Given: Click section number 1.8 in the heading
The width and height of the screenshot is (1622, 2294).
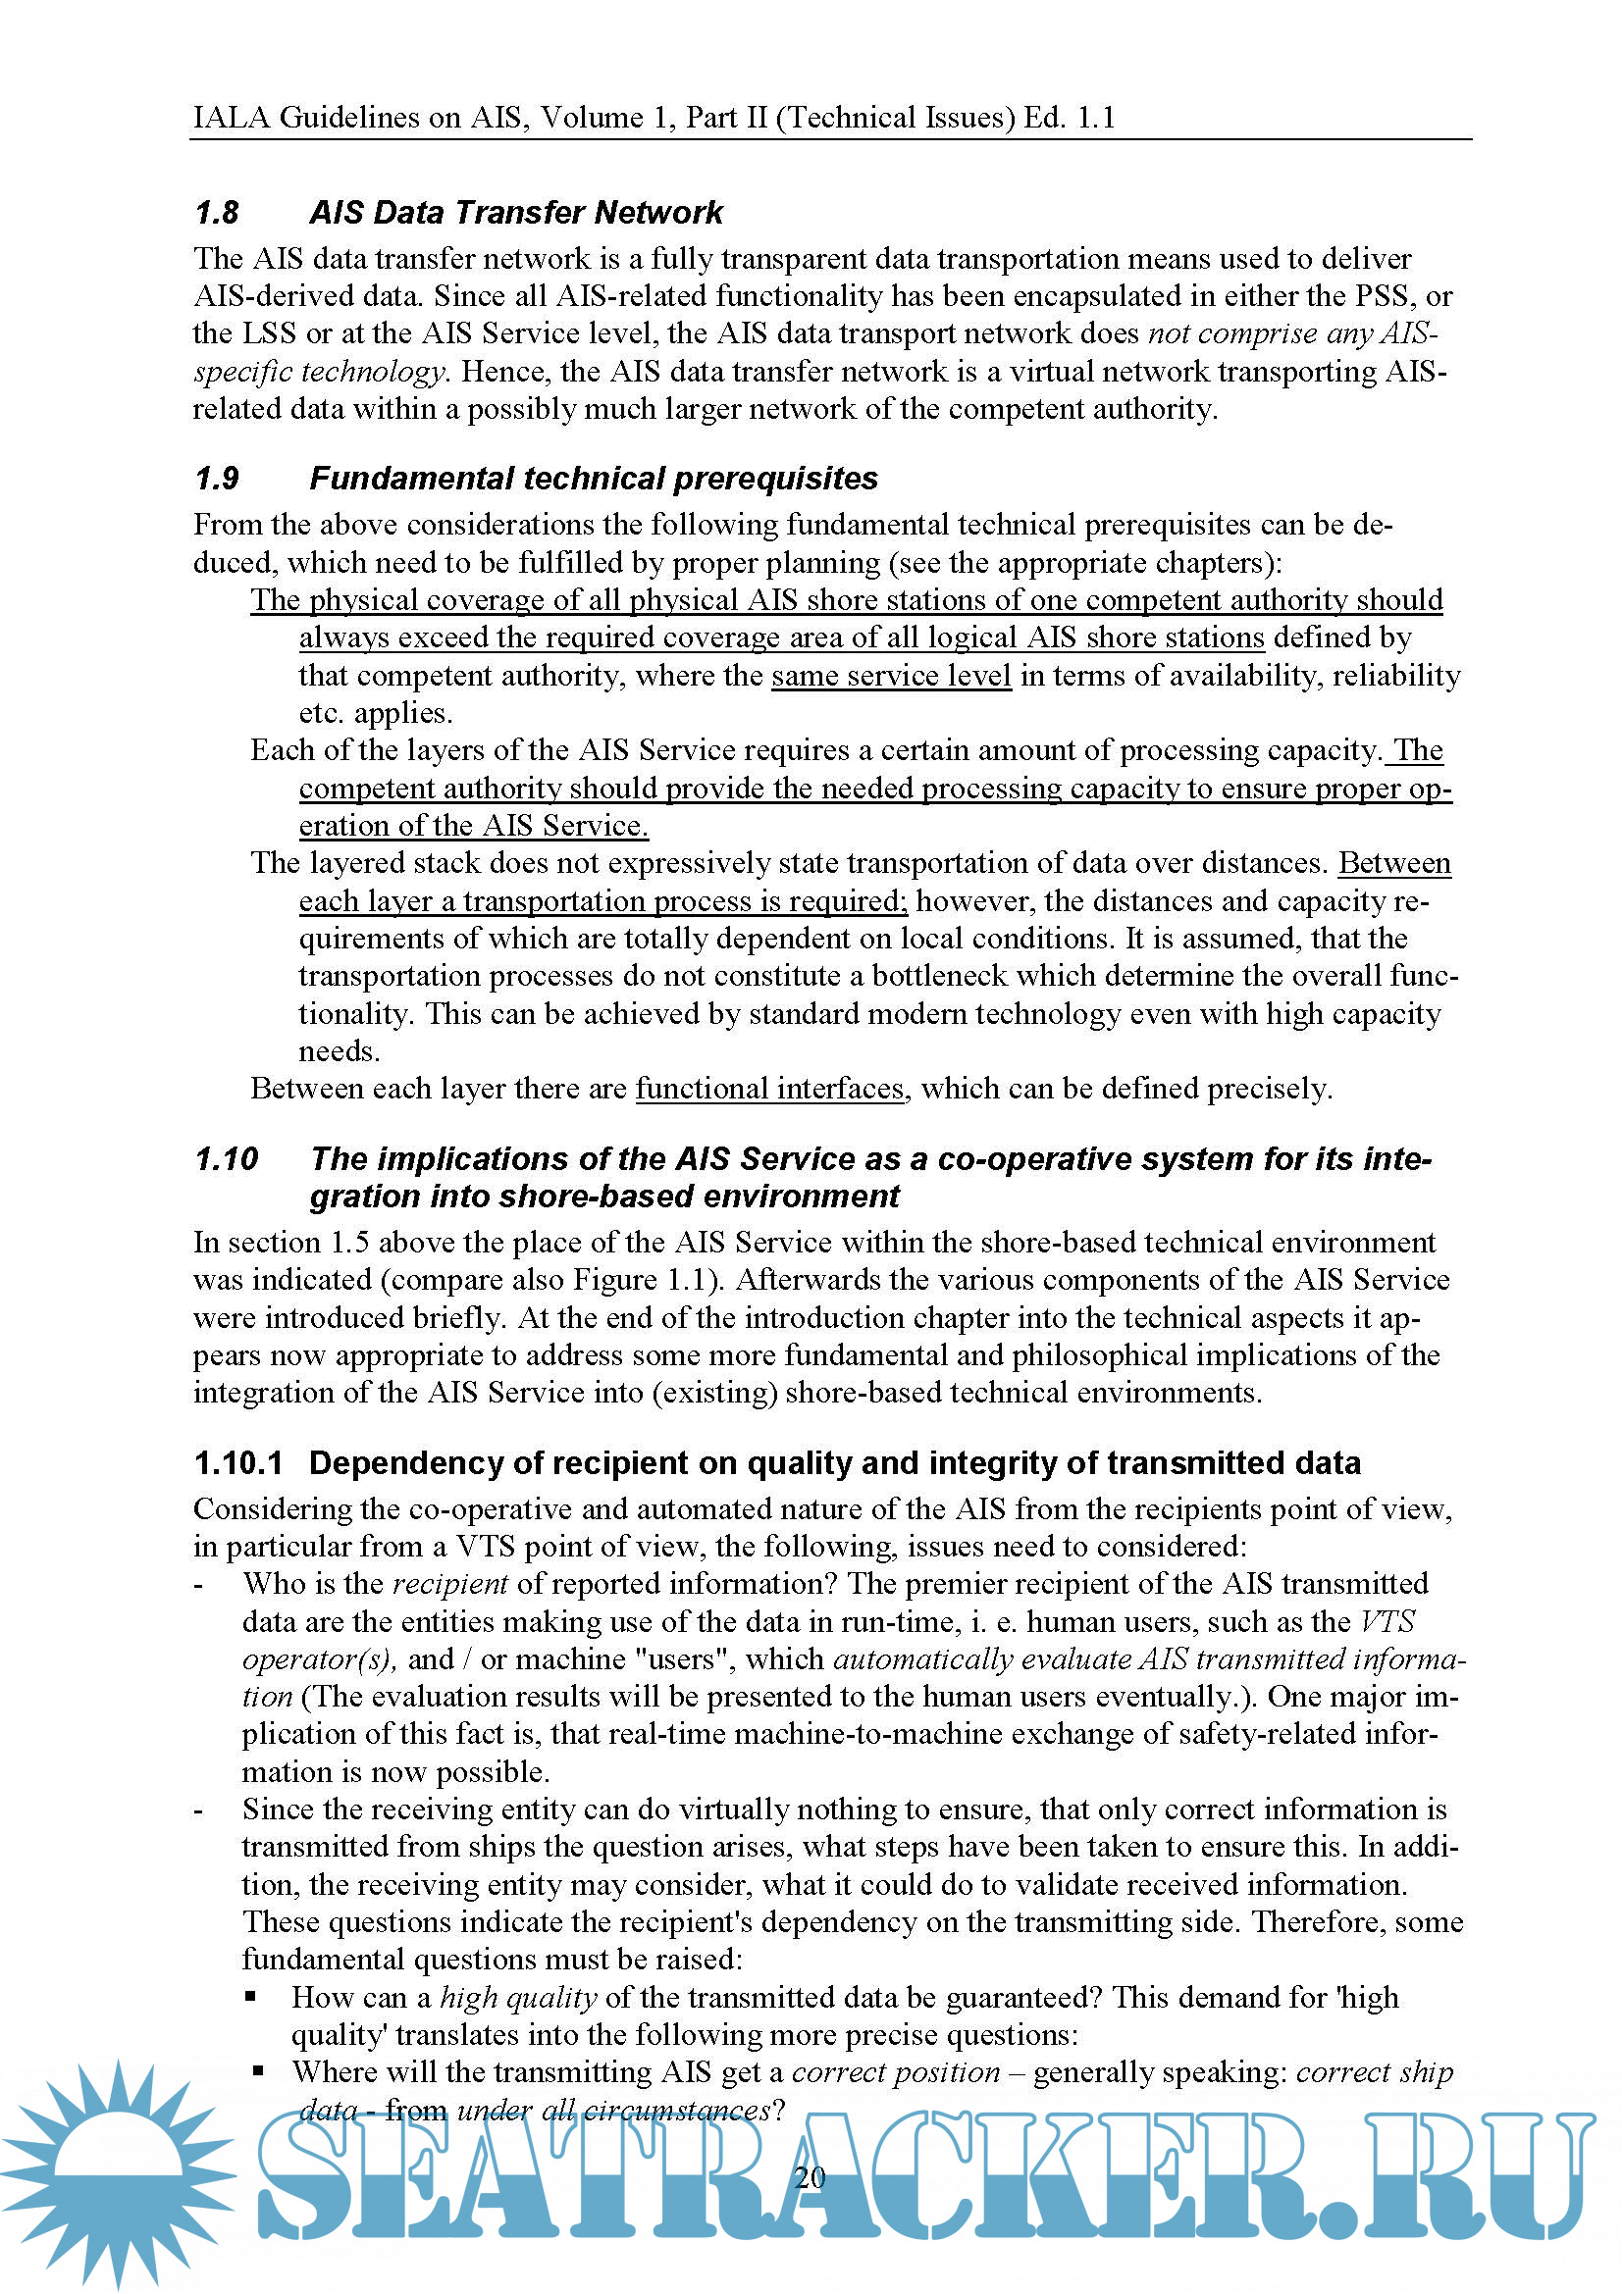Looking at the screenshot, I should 217,213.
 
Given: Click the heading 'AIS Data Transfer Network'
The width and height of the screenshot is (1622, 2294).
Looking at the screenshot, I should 516,213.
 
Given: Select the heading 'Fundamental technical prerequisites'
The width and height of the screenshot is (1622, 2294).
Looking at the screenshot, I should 594,479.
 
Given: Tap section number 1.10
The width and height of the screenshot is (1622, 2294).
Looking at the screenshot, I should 227,1159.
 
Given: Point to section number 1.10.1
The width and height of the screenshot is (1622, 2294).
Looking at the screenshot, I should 238,1462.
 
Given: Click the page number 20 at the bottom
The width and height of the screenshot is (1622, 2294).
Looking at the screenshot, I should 810,2177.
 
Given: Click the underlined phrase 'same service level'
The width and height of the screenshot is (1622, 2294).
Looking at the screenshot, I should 891,677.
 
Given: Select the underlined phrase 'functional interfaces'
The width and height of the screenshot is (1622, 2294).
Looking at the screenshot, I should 769,1088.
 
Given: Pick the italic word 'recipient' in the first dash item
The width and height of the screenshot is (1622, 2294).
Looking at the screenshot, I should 449,1584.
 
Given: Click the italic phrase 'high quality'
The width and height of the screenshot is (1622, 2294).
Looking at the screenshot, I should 519,1997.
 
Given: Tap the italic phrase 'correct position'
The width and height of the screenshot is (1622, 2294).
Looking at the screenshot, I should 896,2072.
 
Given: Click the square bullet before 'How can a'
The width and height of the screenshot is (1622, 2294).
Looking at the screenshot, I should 251,1997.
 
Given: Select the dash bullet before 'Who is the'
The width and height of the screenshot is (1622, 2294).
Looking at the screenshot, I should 198,1585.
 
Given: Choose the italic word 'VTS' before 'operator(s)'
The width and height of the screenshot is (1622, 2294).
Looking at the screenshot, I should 1388,1621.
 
